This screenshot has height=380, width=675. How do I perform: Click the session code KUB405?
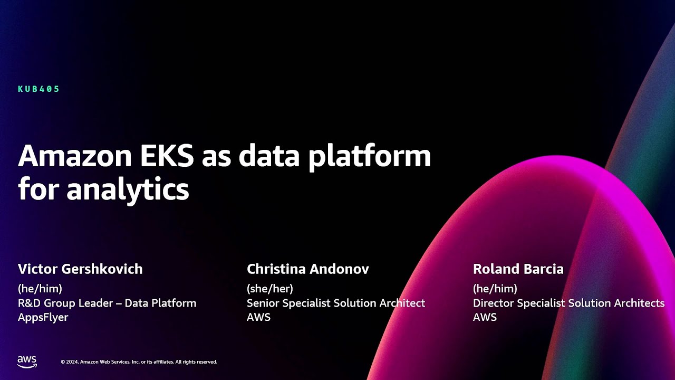(x=38, y=89)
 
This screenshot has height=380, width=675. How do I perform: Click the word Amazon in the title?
(x=70, y=157)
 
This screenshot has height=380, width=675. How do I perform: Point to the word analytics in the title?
(x=128, y=189)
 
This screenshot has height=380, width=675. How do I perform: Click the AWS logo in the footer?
(x=27, y=362)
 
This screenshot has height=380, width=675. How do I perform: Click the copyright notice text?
(x=139, y=362)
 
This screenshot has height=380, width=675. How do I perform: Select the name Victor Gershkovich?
(x=80, y=269)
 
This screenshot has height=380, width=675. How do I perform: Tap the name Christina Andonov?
(x=307, y=269)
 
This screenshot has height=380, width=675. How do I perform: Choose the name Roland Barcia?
(x=518, y=269)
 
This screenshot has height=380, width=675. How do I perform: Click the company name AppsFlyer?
(x=43, y=317)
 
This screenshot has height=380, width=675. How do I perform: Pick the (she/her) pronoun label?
(x=269, y=289)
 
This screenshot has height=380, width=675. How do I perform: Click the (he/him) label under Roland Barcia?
(x=495, y=289)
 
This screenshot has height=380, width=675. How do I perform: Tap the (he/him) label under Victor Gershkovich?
(x=40, y=289)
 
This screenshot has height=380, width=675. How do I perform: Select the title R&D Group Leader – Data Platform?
(x=107, y=303)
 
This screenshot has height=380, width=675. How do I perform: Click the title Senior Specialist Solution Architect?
(x=335, y=303)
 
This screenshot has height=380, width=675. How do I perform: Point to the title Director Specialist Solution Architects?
(x=568, y=303)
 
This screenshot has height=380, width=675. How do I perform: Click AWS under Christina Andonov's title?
(x=258, y=317)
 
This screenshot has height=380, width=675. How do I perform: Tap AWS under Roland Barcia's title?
(x=485, y=317)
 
